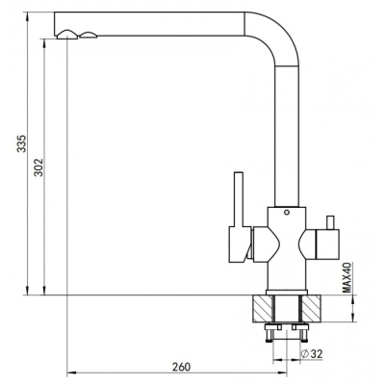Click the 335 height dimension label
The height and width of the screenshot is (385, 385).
[x=22, y=143]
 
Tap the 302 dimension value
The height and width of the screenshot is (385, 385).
[x=38, y=167]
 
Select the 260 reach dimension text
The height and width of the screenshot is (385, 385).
[x=181, y=367]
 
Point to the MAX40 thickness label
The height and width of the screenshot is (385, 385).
[x=346, y=277]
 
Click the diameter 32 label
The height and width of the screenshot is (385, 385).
[x=312, y=354]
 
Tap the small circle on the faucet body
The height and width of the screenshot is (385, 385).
[x=287, y=212]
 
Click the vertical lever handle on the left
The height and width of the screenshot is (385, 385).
[x=238, y=199]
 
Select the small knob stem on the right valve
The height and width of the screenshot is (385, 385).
[x=330, y=222]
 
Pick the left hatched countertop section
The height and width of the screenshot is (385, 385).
[x=262, y=309]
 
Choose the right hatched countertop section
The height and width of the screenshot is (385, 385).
[x=311, y=309]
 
